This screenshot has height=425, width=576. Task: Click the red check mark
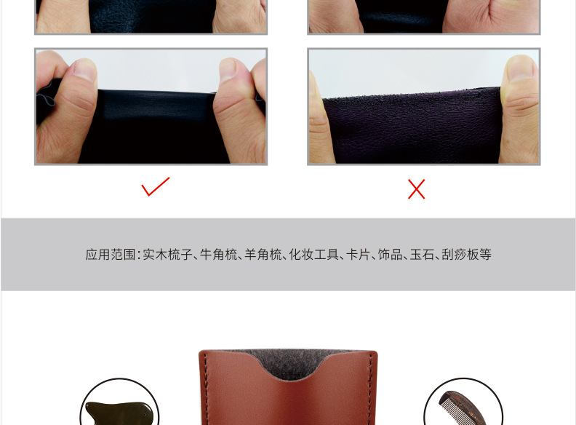(155, 187)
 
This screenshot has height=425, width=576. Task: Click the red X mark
(416, 189)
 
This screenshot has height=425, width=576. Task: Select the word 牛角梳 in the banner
(219, 255)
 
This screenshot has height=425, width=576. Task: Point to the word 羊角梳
(263, 255)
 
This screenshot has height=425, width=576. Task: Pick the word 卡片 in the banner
(358, 255)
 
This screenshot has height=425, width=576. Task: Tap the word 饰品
(391, 255)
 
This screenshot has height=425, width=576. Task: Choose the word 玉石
(423, 255)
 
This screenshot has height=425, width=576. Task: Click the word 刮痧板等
(467, 255)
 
